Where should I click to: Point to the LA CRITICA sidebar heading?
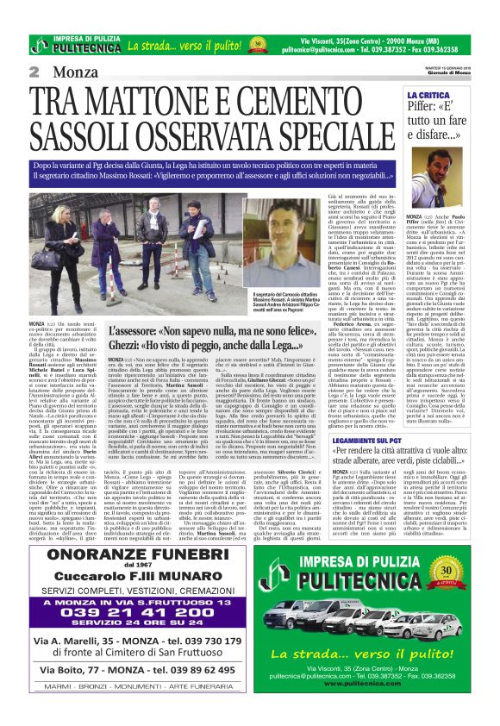point(428,94)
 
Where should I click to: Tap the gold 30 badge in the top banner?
point(256,43)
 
